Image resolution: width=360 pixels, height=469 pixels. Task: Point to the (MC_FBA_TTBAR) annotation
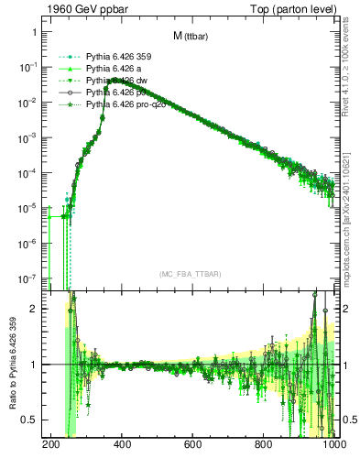click(190, 274)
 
